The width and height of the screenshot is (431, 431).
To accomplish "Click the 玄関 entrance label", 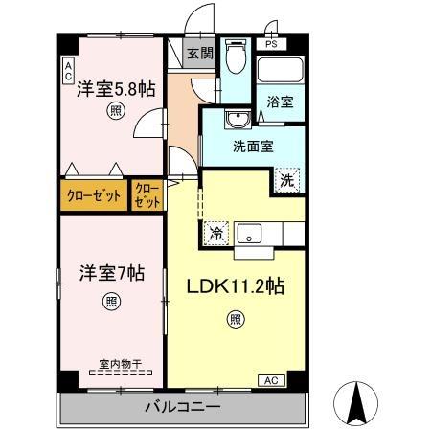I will [x=199, y=53].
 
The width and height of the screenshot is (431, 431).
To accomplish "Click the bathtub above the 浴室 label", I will [x=280, y=71].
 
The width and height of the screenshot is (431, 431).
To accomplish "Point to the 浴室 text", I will [x=280, y=100].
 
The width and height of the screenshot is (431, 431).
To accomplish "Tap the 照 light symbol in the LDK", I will [x=235, y=321].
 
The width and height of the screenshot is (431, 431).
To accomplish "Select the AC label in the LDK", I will [x=271, y=380].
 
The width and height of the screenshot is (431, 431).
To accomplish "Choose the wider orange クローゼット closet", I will [x=93, y=195].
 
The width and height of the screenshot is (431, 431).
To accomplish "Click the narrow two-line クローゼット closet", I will [x=147, y=195].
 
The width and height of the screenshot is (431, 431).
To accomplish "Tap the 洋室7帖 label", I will [x=112, y=273].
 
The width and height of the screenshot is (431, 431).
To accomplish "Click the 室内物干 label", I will [x=119, y=364].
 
